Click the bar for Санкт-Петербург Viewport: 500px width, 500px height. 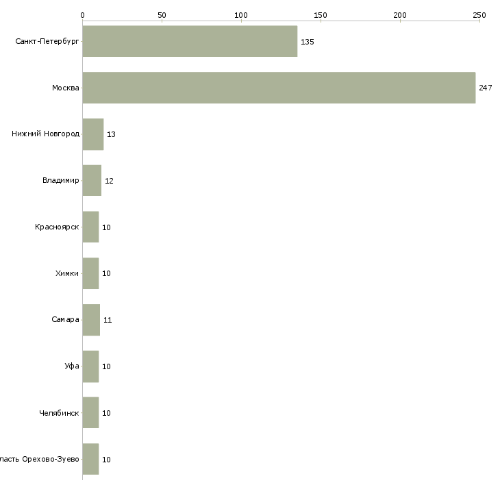point(190,41)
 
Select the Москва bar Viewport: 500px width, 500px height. point(279,88)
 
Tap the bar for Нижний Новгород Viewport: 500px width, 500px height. point(92,134)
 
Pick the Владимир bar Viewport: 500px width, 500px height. point(92,181)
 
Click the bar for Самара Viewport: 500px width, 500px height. point(91,320)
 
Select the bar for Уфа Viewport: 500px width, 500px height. point(90,366)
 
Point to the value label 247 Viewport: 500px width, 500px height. point(485,88)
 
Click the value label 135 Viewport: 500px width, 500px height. point(307,42)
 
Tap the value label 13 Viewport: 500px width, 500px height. point(111,135)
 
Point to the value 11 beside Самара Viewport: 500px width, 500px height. point(108,321)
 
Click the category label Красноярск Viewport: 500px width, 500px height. point(57,227)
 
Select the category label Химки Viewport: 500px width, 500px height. point(67,274)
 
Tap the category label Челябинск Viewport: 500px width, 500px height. point(59,413)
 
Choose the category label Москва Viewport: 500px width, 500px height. point(66,88)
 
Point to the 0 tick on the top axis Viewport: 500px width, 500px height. point(82,14)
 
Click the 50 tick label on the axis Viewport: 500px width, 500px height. point(162,14)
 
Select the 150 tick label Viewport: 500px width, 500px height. point(321,14)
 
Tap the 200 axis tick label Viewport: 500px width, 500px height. point(400,14)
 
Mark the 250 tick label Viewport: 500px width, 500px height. point(479,14)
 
